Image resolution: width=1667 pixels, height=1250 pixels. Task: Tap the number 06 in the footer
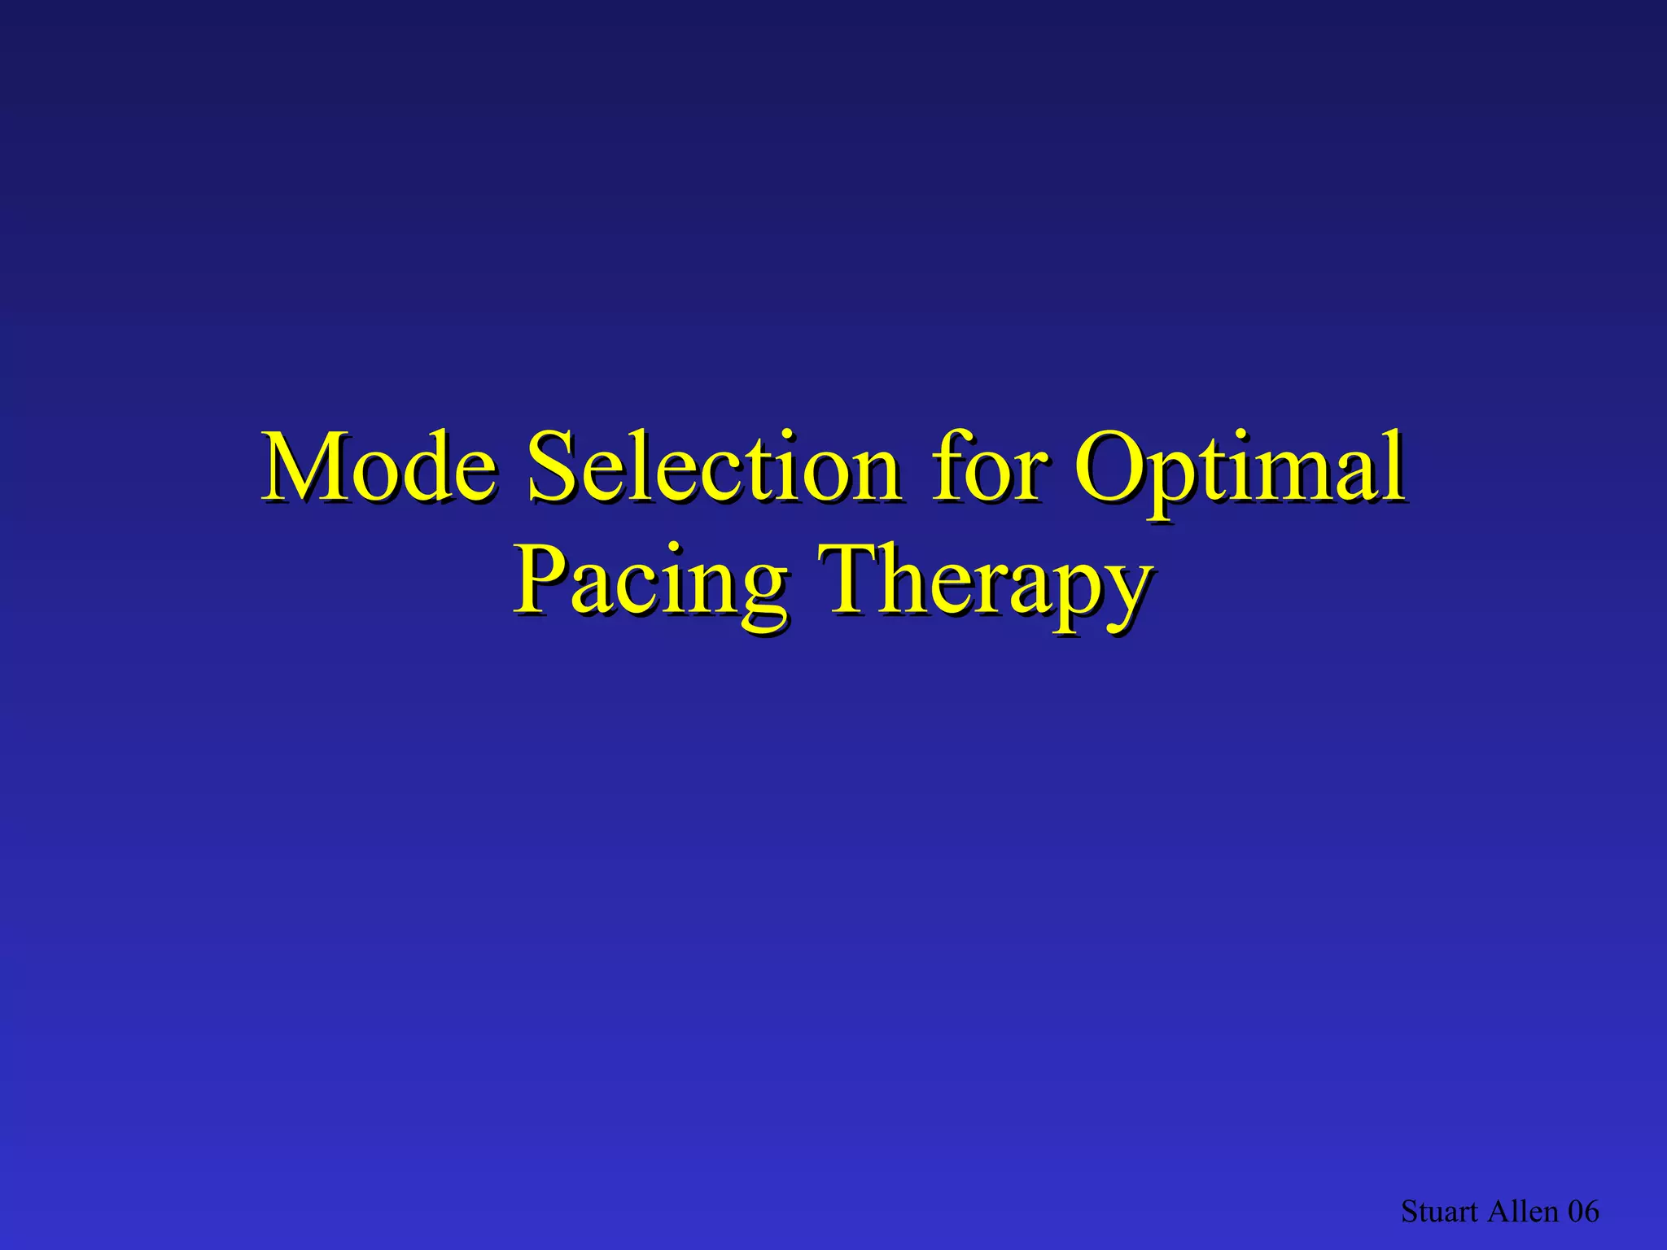point(1583,1212)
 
